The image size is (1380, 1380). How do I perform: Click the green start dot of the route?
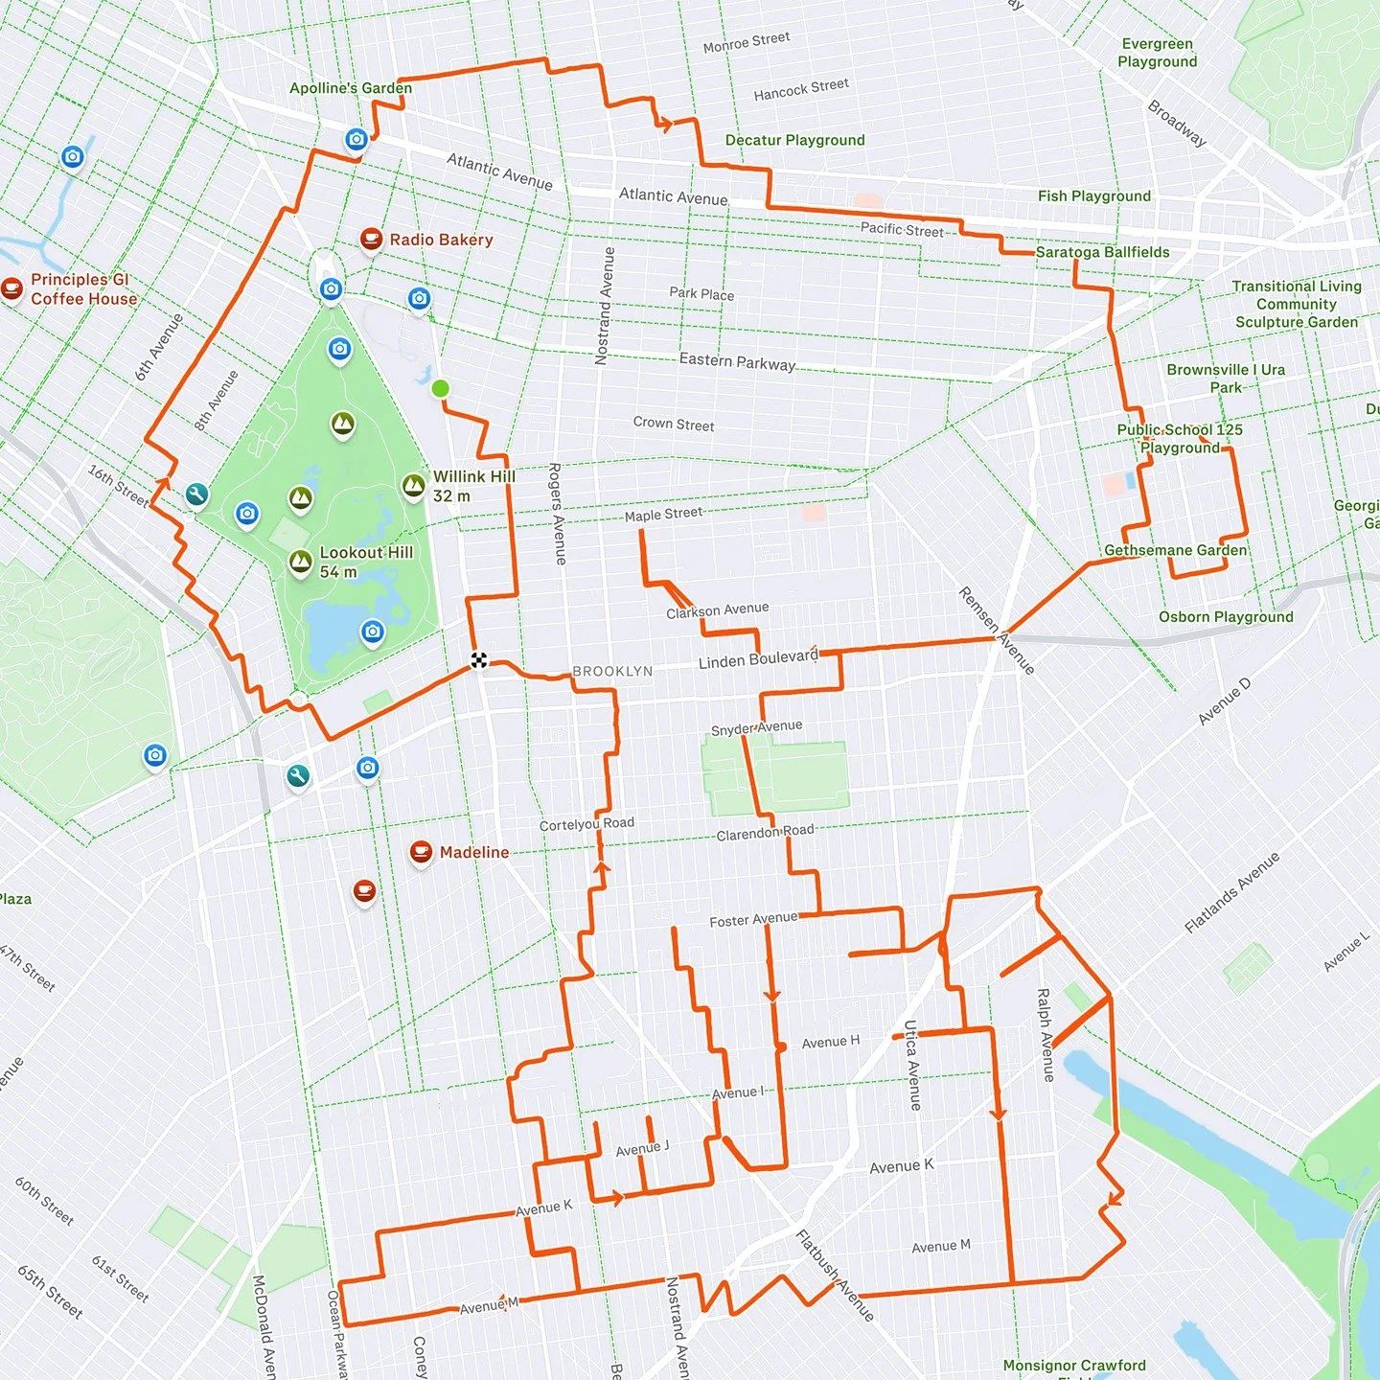coord(440,388)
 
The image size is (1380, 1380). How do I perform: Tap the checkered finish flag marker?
coord(479,659)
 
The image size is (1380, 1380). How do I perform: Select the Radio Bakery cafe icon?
coord(371,239)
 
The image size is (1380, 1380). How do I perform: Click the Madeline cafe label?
coord(473,852)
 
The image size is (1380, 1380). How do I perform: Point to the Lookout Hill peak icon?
coord(301,562)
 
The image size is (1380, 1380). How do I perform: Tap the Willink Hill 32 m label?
coord(473,486)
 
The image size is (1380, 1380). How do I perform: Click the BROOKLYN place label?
coord(612,671)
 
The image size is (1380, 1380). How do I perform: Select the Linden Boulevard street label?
coord(758,659)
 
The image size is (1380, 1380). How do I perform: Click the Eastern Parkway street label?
coord(736,361)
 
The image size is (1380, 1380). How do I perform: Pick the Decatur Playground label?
coord(794,140)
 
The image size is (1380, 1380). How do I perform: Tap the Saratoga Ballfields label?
coord(1102,252)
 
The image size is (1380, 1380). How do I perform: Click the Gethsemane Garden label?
coord(1175,550)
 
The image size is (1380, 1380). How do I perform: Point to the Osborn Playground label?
coord(1226,617)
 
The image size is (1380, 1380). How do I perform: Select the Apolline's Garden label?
coord(351,88)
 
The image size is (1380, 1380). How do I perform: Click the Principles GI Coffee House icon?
coord(11,287)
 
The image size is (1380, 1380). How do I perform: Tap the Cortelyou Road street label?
coord(586,824)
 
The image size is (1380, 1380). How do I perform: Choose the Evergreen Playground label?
coord(1157,53)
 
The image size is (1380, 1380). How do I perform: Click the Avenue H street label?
coord(830,1042)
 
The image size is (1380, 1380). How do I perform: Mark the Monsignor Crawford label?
coord(1073,1365)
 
